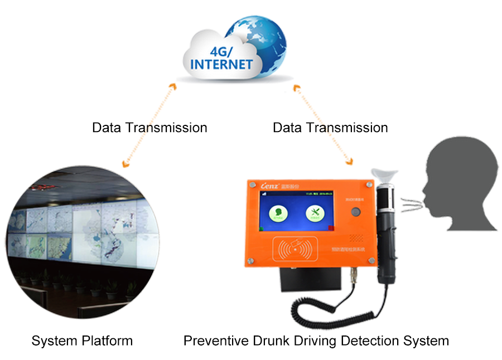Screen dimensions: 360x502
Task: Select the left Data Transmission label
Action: (x=149, y=128)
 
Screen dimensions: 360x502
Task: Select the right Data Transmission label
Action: (x=330, y=128)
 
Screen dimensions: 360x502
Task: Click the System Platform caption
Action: (x=82, y=340)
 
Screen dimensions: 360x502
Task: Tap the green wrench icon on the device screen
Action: (x=315, y=214)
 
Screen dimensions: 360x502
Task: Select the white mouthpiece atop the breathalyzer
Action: (x=386, y=174)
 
